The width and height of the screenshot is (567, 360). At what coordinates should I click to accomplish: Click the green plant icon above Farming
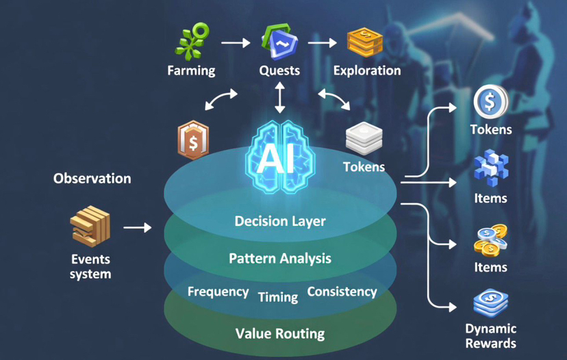(x=191, y=42)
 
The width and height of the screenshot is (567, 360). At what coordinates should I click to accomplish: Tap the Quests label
(x=279, y=70)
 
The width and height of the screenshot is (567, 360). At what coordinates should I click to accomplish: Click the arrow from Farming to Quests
(x=236, y=42)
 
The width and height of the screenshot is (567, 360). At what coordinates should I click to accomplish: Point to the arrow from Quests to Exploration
(x=323, y=42)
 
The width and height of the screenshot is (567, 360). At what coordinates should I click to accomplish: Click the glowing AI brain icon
(x=279, y=152)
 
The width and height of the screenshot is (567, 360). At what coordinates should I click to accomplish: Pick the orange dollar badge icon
(x=194, y=140)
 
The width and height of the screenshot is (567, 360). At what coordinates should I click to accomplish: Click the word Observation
(x=92, y=178)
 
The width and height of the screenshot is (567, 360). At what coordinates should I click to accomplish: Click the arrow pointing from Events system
(x=138, y=227)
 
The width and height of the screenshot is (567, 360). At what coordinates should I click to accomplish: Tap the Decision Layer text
(x=279, y=221)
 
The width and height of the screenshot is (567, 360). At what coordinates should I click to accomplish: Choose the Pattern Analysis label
(x=279, y=258)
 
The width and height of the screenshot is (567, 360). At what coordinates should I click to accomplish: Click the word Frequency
(x=218, y=292)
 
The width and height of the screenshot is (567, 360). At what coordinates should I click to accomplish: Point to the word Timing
(x=278, y=297)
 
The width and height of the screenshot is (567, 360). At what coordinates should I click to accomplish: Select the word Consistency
(x=342, y=292)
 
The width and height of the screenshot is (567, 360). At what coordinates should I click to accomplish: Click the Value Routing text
(x=279, y=333)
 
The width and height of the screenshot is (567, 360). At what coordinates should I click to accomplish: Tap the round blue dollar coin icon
(x=490, y=102)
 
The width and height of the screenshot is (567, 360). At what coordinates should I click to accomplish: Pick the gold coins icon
(x=490, y=240)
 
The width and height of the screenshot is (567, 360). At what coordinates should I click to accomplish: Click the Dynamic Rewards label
(x=490, y=335)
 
